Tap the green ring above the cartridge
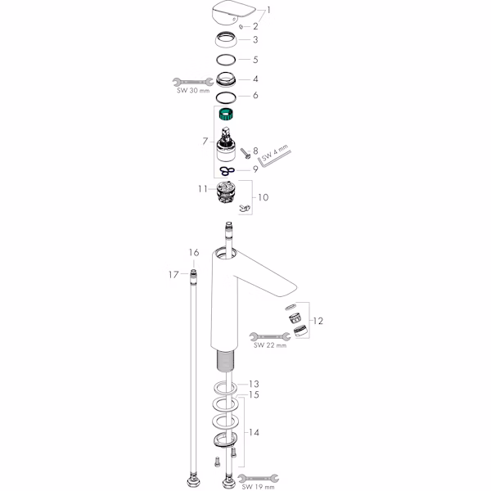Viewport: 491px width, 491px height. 227,114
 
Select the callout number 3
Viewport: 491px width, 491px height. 255,40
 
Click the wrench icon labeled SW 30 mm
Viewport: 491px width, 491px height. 192,82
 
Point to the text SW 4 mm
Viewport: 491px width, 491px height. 275,153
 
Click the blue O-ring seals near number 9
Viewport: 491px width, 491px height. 227,171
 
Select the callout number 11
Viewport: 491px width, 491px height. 203,189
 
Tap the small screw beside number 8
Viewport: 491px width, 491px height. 245,154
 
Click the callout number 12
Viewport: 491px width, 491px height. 318,321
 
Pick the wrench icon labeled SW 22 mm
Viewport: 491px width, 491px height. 270,336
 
